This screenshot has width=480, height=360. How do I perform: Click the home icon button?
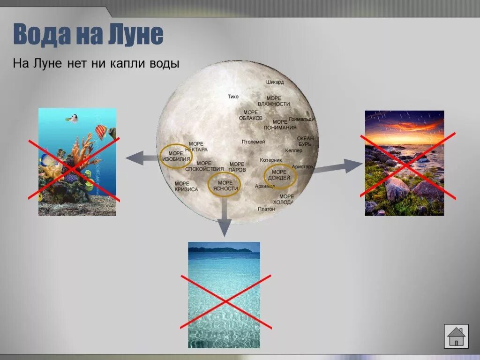tap(456, 336)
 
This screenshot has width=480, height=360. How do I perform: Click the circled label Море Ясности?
tap(225, 185)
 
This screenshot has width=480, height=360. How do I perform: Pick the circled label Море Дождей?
tap(280, 175)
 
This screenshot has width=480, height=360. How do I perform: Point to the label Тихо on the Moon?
tap(233, 97)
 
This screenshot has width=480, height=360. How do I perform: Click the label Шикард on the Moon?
tap(275, 82)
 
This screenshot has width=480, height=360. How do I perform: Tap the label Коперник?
tap(270, 160)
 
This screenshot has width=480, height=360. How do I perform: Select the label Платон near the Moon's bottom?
tap(266, 209)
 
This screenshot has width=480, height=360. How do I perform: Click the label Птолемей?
tap(253, 142)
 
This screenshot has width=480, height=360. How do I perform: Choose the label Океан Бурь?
tap(305, 141)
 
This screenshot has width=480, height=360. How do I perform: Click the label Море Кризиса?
tap(186, 187)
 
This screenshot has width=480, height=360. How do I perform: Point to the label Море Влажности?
tap(274, 101)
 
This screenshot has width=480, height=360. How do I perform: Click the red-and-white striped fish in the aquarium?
tap(101, 131)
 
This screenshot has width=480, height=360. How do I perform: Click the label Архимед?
tap(265, 187)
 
